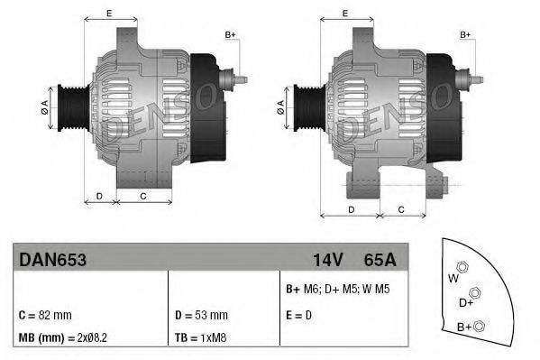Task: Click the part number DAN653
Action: click(x=52, y=260)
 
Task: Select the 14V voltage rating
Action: click(x=327, y=260)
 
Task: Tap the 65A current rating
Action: click(x=378, y=260)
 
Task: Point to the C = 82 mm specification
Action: click(x=44, y=315)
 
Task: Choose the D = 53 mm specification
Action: click(x=200, y=315)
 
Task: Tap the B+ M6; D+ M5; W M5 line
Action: click(x=335, y=291)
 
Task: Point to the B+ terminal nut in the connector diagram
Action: click(x=480, y=326)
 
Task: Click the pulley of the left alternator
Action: click(x=69, y=110)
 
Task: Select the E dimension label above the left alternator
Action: click(x=108, y=12)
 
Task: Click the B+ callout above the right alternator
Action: click(x=466, y=34)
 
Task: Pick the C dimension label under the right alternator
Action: click(x=399, y=209)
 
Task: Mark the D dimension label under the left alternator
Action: click(x=99, y=195)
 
